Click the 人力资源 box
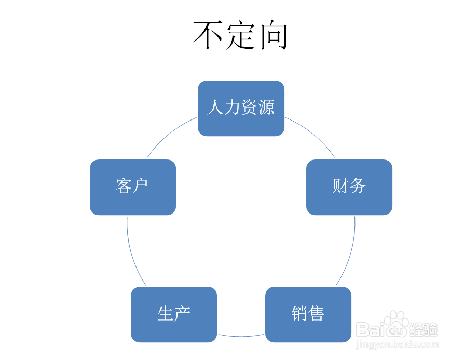click(241, 108)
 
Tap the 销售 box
click(308, 314)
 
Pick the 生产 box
click(173, 314)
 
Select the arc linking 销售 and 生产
click(241, 336)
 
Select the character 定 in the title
click(241, 35)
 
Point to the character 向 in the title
click(274, 35)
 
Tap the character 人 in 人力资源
click(215, 108)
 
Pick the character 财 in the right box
click(340, 186)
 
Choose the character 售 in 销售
click(316, 314)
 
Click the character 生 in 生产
click(166, 314)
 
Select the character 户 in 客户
click(141, 186)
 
